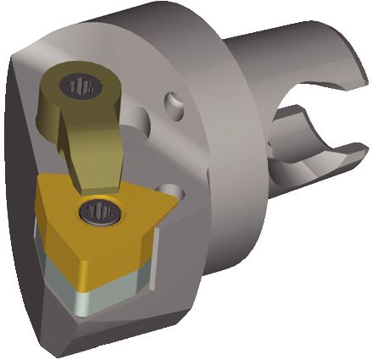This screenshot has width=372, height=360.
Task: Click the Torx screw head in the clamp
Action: click(81, 86)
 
